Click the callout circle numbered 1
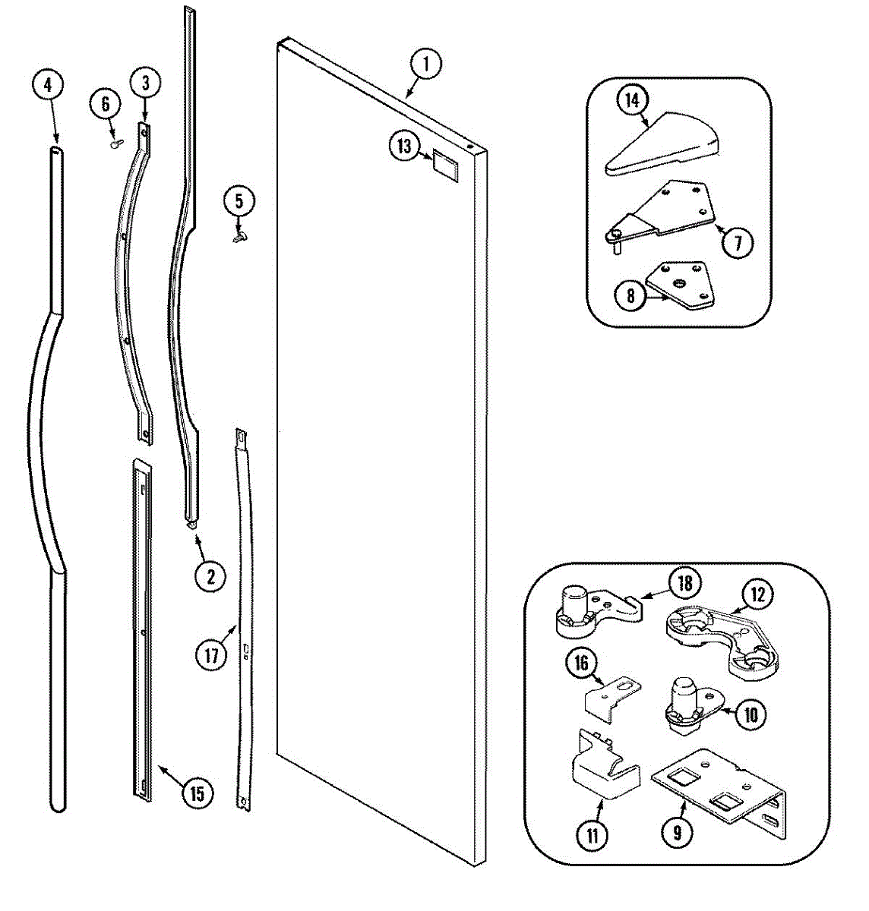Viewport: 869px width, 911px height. [425, 65]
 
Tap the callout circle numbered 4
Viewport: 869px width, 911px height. [48, 85]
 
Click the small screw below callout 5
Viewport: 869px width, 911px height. [239, 238]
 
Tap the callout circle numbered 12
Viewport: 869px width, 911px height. [758, 594]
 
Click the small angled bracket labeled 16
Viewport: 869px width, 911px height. [611, 694]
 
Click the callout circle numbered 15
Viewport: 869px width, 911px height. [197, 794]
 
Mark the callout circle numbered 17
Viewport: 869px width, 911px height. [211, 654]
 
